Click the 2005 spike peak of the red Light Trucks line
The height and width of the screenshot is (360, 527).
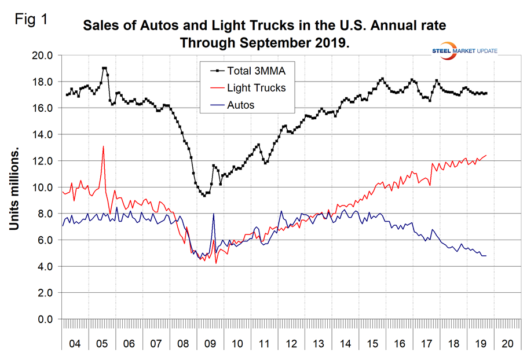coord(104,146)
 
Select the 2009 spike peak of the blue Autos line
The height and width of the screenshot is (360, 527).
coord(214,214)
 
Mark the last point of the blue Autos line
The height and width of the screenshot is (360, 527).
coord(486,256)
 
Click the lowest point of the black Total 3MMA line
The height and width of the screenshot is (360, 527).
coord(204,196)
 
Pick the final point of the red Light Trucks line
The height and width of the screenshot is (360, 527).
coord(486,155)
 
